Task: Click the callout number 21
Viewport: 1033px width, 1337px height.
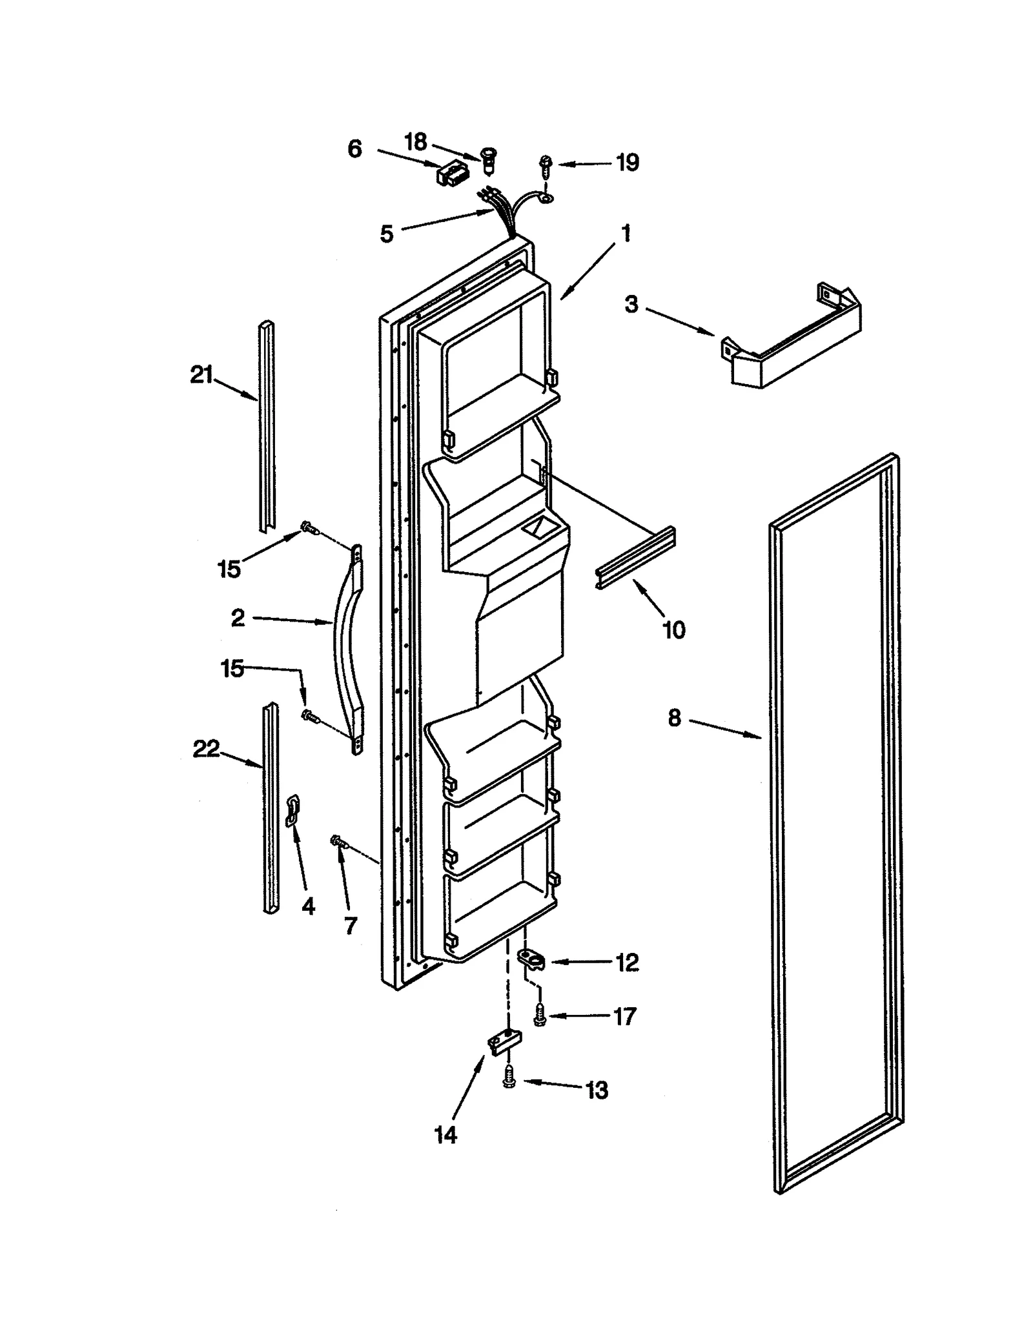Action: point(201,374)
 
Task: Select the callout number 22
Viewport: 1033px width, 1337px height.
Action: point(206,749)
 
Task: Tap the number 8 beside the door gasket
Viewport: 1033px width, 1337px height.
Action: point(674,717)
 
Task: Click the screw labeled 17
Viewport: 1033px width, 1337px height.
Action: point(538,1016)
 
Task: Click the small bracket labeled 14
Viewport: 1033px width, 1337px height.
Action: point(502,1043)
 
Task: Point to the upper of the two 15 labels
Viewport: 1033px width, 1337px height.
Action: point(229,569)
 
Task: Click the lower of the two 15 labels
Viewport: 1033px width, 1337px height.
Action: point(232,668)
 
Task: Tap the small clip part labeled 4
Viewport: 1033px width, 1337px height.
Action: point(292,810)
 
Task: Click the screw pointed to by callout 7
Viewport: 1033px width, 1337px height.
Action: point(338,841)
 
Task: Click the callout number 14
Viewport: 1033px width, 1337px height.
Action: point(445,1134)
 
